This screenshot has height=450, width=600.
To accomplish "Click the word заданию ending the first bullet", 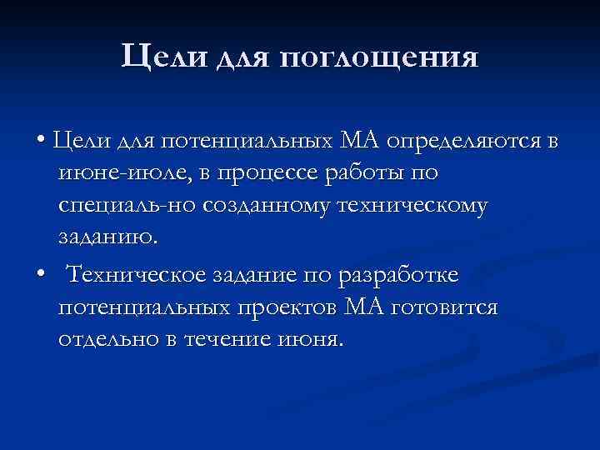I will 107,236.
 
